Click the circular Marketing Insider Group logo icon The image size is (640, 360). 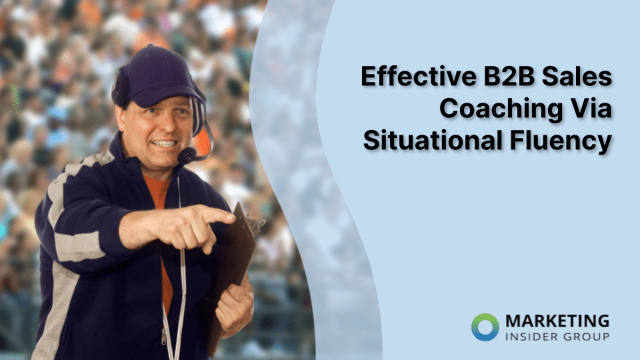(x=485, y=326)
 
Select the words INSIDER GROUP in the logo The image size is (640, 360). (x=557, y=336)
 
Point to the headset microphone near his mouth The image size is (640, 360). (x=187, y=156)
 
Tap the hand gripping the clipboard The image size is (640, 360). (x=235, y=307)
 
